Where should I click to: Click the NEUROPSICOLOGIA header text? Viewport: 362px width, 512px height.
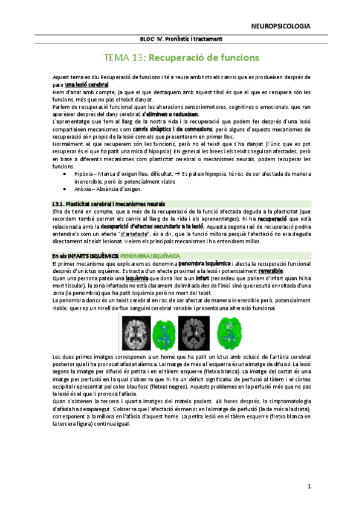click(x=281, y=26)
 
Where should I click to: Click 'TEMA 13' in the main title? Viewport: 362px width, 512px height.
click(x=124, y=58)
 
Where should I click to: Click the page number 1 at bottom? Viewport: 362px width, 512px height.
click(x=308, y=486)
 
